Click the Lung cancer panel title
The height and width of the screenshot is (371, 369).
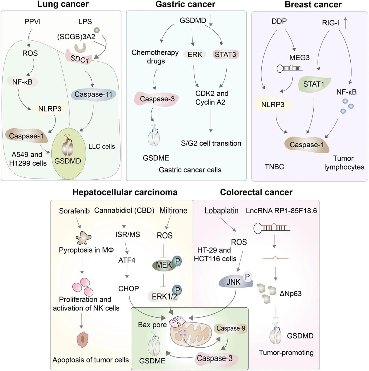click(x=63, y=4)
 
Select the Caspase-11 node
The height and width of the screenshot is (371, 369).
click(x=93, y=94)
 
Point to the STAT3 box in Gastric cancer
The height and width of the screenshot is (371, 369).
click(x=225, y=54)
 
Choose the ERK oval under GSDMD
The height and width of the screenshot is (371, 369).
click(x=195, y=54)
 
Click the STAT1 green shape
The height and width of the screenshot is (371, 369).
click(x=314, y=84)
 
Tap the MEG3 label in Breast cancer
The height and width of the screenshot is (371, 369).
click(x=299, y=58)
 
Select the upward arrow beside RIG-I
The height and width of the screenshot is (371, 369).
click(x=345, y=23)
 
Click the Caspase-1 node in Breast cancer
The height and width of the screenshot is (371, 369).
click(x=307, y=145)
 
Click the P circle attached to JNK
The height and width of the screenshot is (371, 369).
click(x=247, y=276)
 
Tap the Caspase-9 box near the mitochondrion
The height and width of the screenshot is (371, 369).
click(x=230, y=328)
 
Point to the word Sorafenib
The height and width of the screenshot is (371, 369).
click(x=74, y=211)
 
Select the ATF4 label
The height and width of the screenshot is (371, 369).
click(x=127, y=260)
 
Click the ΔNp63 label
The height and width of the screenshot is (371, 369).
click(x=291, y=294)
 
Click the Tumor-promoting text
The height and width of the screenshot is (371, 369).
click(x=286, y=353)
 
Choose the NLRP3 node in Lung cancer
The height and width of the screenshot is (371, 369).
click(x=50, y=109)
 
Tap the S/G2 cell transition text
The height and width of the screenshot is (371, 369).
click(x=211, y=143)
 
